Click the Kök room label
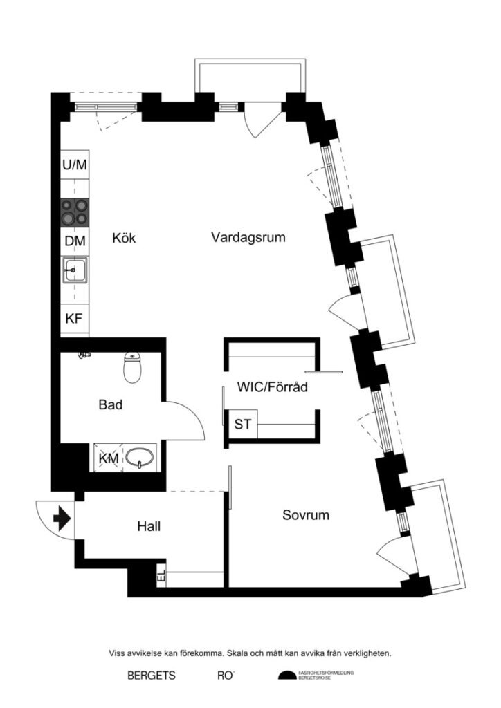(124, 239)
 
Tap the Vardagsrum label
(248, 237)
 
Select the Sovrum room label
(305, 515)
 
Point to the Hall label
(149, 527)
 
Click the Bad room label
(111, 404)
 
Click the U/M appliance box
(75, 165)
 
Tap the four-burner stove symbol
(75, 212)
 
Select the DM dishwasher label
(75, 241)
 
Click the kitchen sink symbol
(74, 270)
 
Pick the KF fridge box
(75, 319)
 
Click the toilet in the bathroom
(131, 368)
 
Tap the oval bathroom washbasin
(141, 458)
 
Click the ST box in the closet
(242, 424)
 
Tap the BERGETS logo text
(151, 676)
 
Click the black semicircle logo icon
(286, 676)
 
